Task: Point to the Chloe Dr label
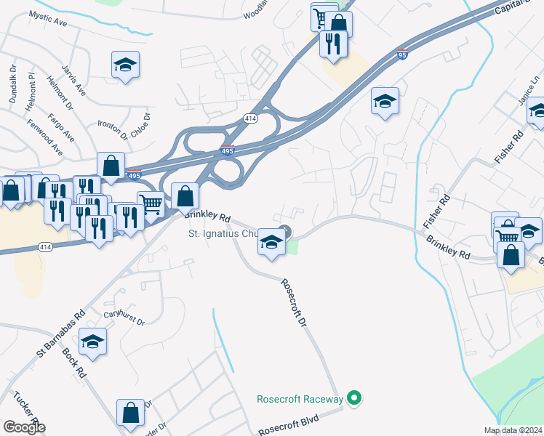(141, 126)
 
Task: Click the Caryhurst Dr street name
(124, 318)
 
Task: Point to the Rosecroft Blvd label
(289, 422)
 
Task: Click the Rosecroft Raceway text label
(300, 399)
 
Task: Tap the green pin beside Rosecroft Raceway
(354, 398)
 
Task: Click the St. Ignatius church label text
(223, 234)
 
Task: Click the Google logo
(24, 427)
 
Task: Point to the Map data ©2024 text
(512, 431)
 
